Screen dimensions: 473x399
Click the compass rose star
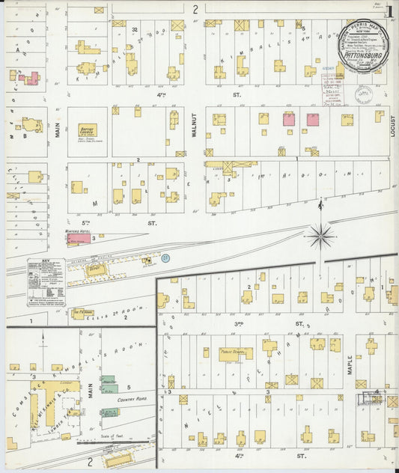coord(321,236)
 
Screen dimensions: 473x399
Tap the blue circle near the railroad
coord(166,258)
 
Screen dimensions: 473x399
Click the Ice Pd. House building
coord(83,314)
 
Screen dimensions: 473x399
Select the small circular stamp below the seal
coord(365,95)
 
